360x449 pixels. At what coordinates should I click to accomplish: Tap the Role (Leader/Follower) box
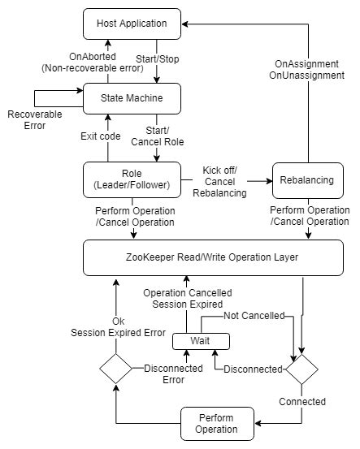click(131, 179)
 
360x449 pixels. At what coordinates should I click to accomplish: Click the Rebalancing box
click(307, 179)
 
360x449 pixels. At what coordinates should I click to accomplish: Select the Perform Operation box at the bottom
click(215, 422)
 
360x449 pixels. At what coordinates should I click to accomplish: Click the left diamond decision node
click(114, 369)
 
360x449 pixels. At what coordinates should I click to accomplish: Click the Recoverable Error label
click(34, 120)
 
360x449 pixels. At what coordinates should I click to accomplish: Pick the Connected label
click(302, 401)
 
